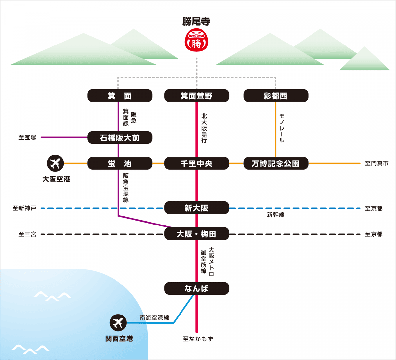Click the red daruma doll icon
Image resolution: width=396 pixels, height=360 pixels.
pyautogui.click(x=196, y=40)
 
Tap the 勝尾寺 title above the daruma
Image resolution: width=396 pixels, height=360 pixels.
pyautogui.click(x=196, y=21)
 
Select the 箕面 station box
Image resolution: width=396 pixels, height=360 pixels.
pyautogui.click(x=120, y=96)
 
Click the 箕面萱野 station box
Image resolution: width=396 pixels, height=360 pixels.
pyautogui.click(x=197, y=96)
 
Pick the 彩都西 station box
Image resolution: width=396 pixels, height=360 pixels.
pyautogui.click(x=276, y=96)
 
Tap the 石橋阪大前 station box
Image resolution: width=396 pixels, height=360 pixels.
pyautogui.click(x=120, y=137)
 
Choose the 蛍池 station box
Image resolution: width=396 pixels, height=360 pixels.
pyautogui.click(x=120, y=163)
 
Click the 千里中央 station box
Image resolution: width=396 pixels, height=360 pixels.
pyautogui.click(x=197, y=163)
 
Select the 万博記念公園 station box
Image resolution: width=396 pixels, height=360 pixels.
pyautogui.click(x=276, y=163)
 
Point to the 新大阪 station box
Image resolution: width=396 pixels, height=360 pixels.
pyautogui.click(x=197, y=208)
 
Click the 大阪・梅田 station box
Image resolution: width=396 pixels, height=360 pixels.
pyautogui.click(x=197, y=234)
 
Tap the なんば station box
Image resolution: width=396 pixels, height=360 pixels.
pyautogui.click(x=197, y=288)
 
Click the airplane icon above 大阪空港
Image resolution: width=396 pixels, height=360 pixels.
pyautogui.click(x=55, y=163)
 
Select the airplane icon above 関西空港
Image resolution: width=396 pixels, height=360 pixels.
pyautogui.click(x=118, y=323)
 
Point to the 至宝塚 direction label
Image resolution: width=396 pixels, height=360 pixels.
pyautogui.click(x=27, y=137)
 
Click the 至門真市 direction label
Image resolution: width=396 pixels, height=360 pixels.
pyautogui.click(x=377, y=163)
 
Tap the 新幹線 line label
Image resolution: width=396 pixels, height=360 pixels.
pyautogui.click(x=276, y=215)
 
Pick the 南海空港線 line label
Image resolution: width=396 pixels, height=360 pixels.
pyautogui.click(x=154, y=318)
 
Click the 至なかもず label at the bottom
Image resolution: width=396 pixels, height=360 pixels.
pyautogui.click(x=198, y=339)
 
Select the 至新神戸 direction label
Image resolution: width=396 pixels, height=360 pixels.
pyautogui.click(x=24, y=208)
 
